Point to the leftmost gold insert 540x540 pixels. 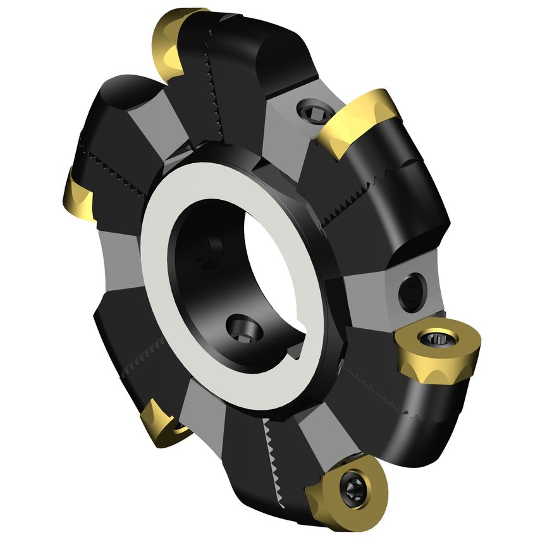click(x=78, y=196)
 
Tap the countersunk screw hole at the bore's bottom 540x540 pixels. click(x=243, y=329)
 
